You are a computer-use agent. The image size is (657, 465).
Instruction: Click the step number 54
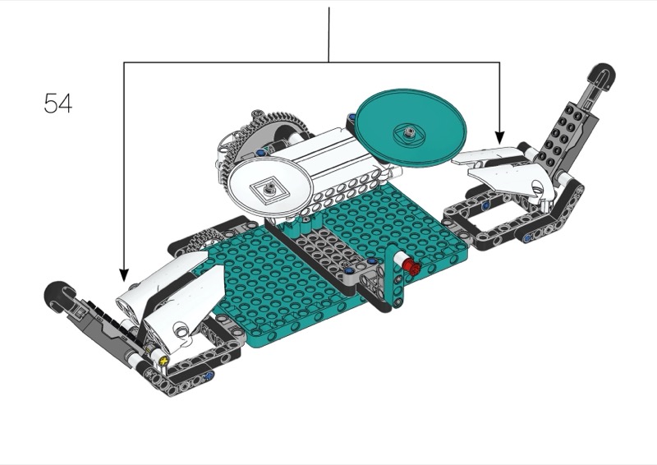57,104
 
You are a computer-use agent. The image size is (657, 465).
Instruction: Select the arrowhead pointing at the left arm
124,275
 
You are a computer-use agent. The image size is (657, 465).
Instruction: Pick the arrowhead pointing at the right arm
499,138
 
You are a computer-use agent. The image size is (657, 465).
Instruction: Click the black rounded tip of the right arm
604,75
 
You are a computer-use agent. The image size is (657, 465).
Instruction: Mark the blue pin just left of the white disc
261,153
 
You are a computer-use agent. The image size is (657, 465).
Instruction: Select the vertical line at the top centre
329,35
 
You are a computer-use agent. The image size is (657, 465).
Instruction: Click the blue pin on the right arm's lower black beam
527,238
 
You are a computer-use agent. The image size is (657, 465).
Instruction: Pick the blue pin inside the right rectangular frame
485,205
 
